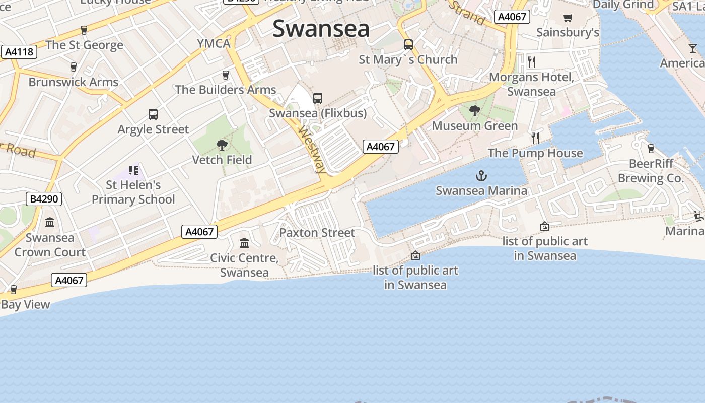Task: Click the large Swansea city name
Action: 321,29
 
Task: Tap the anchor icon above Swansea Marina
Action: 482,176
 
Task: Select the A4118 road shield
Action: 19,51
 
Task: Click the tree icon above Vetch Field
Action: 222,146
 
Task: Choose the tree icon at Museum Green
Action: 474,111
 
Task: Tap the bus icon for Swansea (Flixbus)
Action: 317,98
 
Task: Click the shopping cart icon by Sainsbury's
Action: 568,18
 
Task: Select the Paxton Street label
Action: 317,233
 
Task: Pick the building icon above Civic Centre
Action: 244,243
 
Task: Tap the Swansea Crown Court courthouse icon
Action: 50,222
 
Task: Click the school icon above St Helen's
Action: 133,170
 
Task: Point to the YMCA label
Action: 214,43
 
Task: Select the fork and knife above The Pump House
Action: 535,138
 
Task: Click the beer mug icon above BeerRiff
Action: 651,149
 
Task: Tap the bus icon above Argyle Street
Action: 153,114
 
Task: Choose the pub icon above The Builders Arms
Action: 225,75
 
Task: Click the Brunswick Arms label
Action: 74,82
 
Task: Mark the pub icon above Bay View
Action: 14,290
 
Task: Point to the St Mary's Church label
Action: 408,59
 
